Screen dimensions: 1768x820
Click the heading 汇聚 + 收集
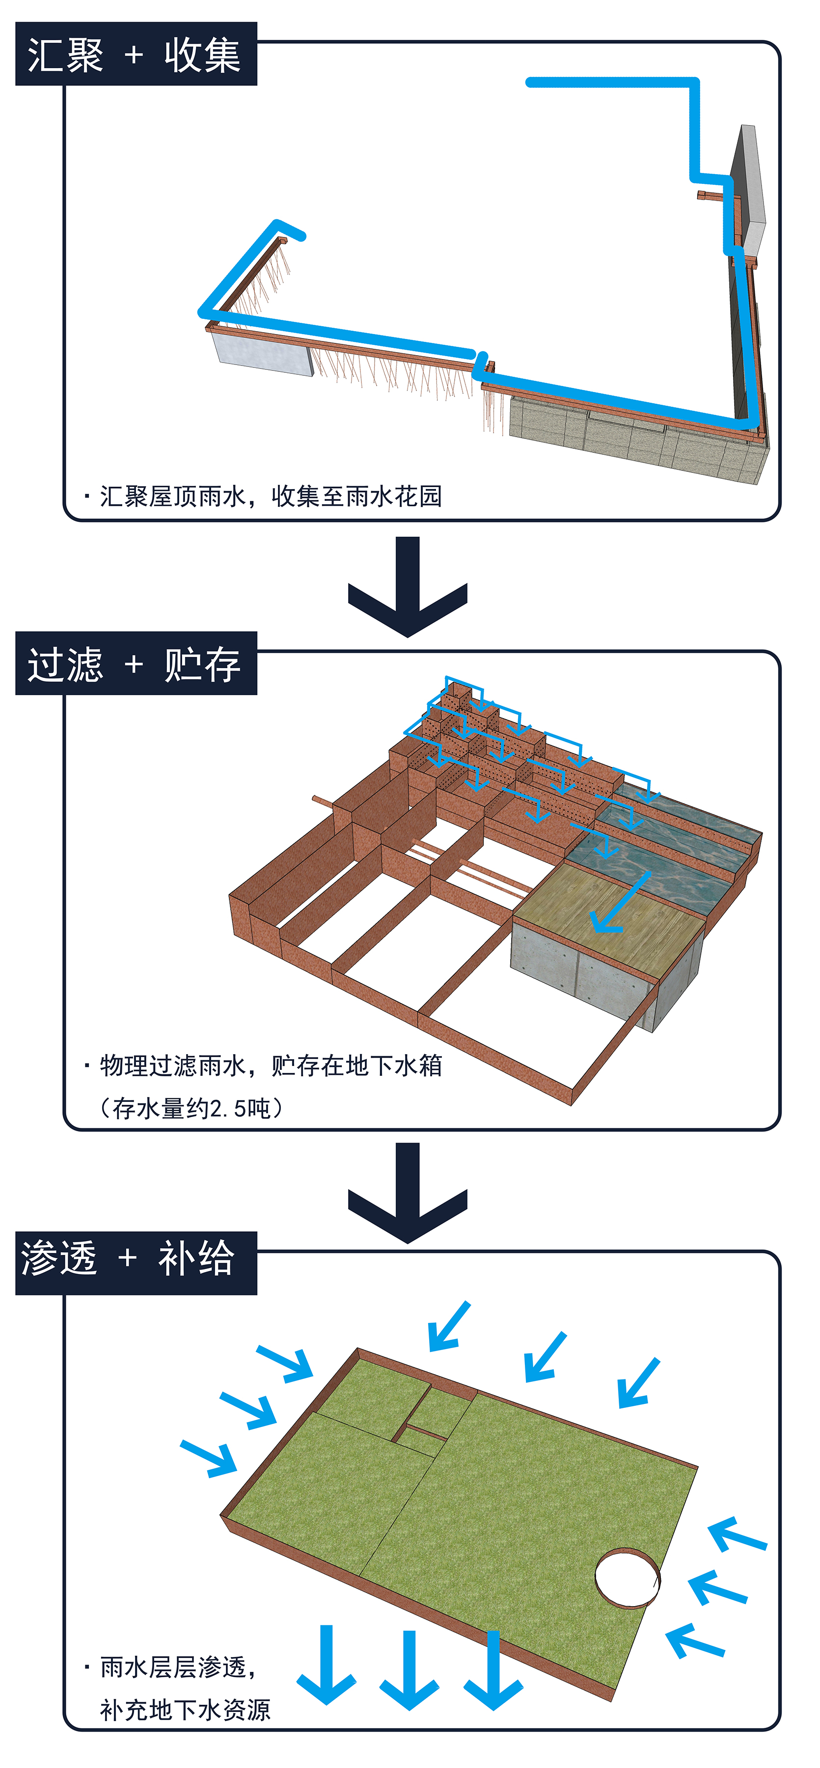(x=136, y=54)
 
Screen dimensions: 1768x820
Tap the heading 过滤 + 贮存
(x=136, y=664)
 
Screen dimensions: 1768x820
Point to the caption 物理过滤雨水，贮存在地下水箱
(x=271, y=1065)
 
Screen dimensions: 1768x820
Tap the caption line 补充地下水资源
(x=186, y=1710)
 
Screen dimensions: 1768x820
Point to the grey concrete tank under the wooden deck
(x=584, y=975)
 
